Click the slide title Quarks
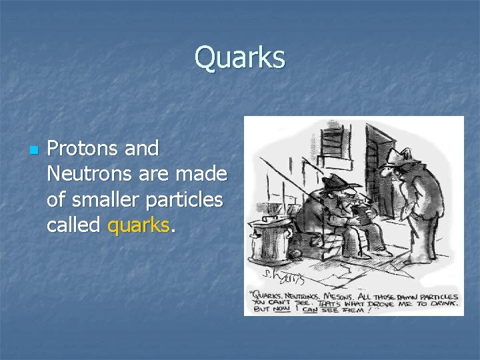click(x=239, y=58)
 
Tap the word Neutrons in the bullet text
click(x=93, y=175)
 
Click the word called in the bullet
click(x=75, y=225)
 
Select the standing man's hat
click(x=399, y=156)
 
